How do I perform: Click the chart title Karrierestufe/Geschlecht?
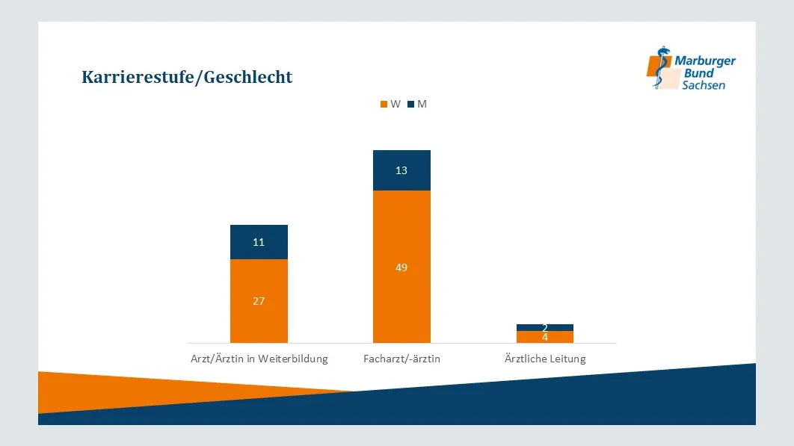click(x=187, y=77)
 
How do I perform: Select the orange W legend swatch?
click(x=384, y=105)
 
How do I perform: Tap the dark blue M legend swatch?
click(x=411, y=105)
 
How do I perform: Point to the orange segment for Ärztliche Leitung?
click(x=545, y=338)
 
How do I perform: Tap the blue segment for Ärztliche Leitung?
click(x=545, y=327)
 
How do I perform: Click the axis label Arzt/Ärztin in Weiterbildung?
click(x=259, y=359)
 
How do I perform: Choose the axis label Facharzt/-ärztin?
click(x=401, y=359)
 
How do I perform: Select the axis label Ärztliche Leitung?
click(x=545, y=359)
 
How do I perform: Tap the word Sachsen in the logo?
click(x=703, y=85)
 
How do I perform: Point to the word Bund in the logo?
click(x=699, y=73)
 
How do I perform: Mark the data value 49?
click(x=401, y=267)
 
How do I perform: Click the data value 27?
click(x=259, y=301)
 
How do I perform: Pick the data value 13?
click(x=401, y=170)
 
